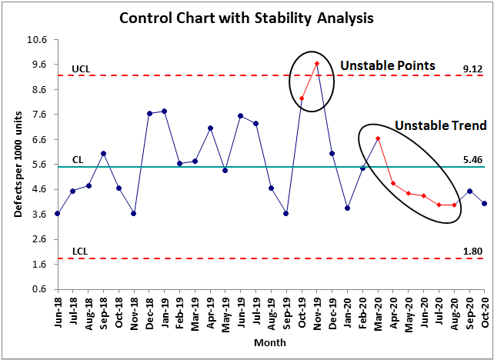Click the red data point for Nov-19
tap(317, 64)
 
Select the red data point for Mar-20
tap(378, 138)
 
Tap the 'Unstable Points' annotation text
tap(388, 66)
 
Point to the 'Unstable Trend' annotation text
tap(440, 125)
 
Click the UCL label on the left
tap(82, 68)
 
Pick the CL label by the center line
tap(78, 160)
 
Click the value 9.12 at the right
tap(472, 68)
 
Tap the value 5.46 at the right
tap(472, 160)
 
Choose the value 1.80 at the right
tap(472, 252)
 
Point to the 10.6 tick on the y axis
tap(38, 40)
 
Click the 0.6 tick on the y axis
tap(40, 289)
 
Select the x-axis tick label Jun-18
tap(57, 311)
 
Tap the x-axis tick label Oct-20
tap(485, 311)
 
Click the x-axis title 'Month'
tap(271, 342)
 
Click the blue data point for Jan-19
tap(165, 112)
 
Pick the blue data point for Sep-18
tap(104, 154)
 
